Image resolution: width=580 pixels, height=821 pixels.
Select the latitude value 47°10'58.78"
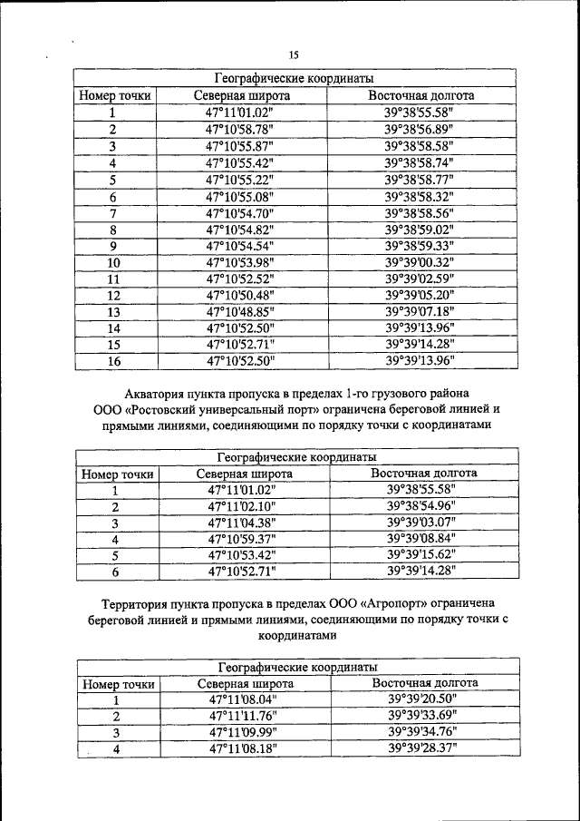[240, 129]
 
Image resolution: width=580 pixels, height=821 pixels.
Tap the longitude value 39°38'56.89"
[420, 129]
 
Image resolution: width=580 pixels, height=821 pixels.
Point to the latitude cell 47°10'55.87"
[240, 145]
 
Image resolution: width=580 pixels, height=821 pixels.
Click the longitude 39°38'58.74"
[420, 162]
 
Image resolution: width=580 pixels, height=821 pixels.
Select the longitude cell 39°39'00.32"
[420, 262]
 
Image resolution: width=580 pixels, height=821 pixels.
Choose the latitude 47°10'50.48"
[240, 295]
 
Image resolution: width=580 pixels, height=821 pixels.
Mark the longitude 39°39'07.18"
[420, 311]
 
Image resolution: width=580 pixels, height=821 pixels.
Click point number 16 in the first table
[113, 361]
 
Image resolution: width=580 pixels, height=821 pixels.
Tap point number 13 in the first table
[113, 311]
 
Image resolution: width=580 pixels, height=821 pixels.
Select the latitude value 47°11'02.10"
[243, 505]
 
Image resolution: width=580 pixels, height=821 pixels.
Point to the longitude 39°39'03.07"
[421, 522]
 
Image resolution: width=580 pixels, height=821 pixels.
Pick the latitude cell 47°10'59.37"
[243, 538]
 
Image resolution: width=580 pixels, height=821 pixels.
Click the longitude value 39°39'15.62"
[421, 554]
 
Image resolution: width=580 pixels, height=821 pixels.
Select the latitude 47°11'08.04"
[244, 699]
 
